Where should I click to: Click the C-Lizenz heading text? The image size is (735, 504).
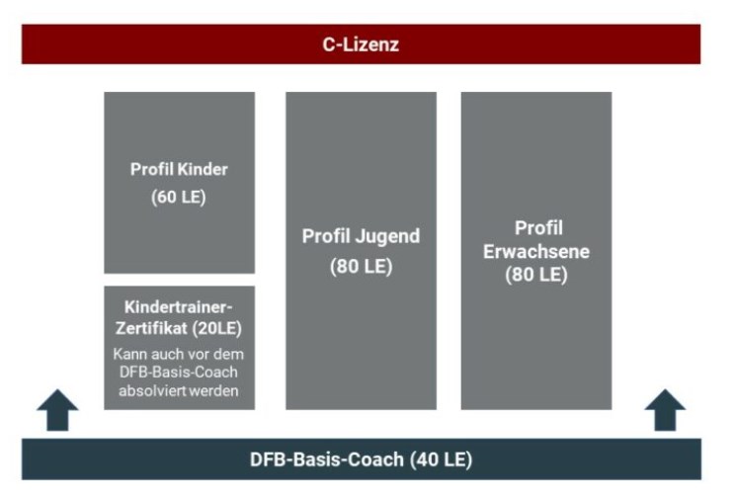click(x=361, y=44)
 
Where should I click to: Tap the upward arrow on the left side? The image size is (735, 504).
click(x=57, y=410)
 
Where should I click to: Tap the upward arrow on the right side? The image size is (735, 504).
click(x=665, y=410)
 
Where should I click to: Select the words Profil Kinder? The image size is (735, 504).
click(x=179, y=169)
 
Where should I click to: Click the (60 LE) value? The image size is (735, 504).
click(x=179, y=197)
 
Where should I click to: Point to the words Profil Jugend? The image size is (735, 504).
click(x=361, y=237)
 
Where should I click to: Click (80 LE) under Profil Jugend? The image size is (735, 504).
click(x=361, y=266)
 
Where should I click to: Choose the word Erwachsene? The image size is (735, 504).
click(x=536, y=252)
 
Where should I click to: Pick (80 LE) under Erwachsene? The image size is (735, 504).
click(x=536, y=275)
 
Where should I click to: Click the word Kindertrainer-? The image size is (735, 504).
click(x=179, y=307)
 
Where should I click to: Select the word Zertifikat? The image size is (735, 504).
click(x=151, y=328)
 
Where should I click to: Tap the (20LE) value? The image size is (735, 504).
click(x=216, y=328)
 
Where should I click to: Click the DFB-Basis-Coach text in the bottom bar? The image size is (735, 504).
click(x=327, y=460)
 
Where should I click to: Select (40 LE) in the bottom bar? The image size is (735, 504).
click(x=441, y=460)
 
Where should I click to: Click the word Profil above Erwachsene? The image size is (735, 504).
click(x=538, y=228)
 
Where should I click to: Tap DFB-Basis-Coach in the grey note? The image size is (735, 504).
click(x=179, y=373)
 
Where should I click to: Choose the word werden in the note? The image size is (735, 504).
click(x=220, y=391)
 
